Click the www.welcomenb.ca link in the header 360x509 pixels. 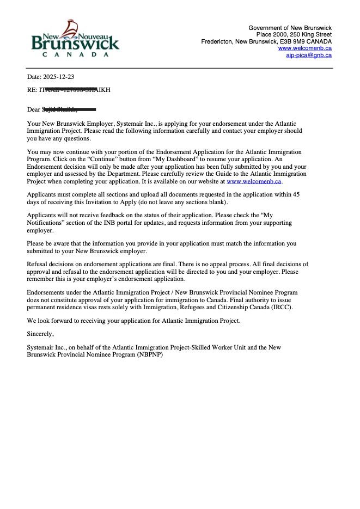point(304,48)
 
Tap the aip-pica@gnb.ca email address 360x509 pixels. point(309,55)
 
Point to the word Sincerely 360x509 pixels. point(41,334)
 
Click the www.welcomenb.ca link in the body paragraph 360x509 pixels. point(254,181)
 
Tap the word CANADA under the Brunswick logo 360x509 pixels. point(76,54)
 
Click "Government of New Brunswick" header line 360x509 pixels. point(290,28)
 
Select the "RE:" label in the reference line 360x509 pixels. point(32,90)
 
